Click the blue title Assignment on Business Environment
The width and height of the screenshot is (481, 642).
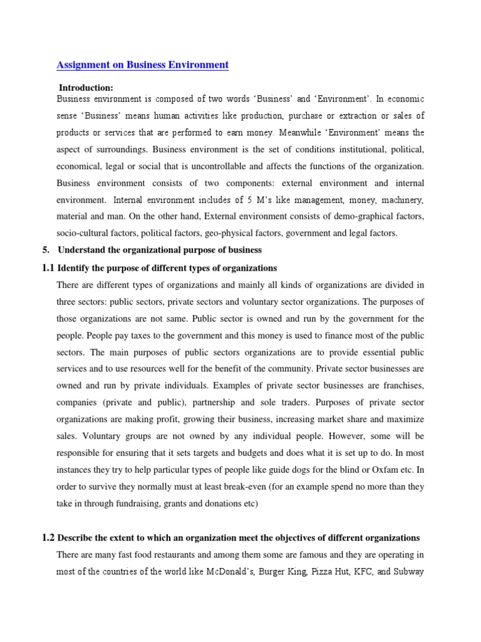pyautogui.click(x=143, y=65)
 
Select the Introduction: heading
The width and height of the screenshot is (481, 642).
pyautogui.click(x=86, y=87)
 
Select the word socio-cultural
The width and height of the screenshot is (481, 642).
pyautogui.click(x=82, y=234)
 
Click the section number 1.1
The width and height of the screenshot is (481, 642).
pyautogui.click(x=48, y=268)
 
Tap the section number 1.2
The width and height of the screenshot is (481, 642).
pyautogui.click(x=48, y=537)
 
